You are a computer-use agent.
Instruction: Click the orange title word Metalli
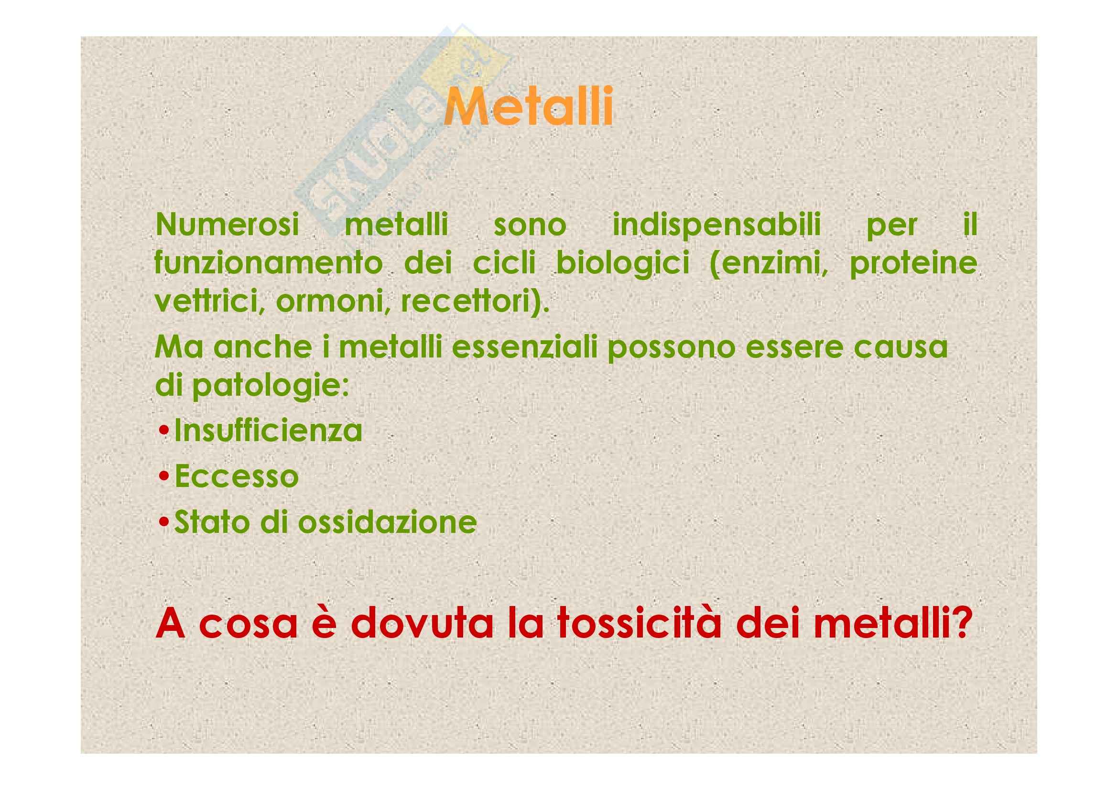click(528, 106)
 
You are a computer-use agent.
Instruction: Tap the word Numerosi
click(227, 225)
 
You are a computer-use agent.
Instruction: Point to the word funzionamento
click(268, 263)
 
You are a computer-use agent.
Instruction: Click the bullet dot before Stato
click(164, 523)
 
